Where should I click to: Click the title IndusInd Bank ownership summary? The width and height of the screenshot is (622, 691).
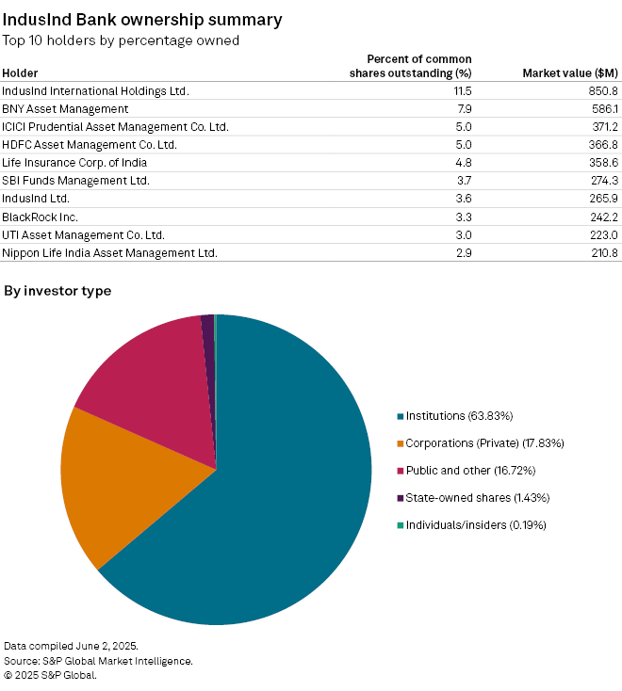[141, 19]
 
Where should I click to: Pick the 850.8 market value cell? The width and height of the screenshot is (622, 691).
[602, 91]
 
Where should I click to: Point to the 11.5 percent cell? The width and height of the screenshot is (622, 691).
[461, 91]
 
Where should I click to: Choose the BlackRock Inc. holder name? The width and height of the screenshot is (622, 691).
[40, 217]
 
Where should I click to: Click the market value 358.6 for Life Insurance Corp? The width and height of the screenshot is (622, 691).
[602, 163]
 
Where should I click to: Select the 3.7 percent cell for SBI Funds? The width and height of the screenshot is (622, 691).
[463, 181]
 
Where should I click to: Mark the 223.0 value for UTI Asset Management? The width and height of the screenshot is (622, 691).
[602, 234]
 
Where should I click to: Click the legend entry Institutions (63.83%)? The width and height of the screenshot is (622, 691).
[459, 416]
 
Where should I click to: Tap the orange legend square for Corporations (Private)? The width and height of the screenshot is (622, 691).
[401, 443]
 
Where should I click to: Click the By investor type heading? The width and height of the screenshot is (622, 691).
[57, 291]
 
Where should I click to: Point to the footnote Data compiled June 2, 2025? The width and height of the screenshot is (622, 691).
[71, 646]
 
